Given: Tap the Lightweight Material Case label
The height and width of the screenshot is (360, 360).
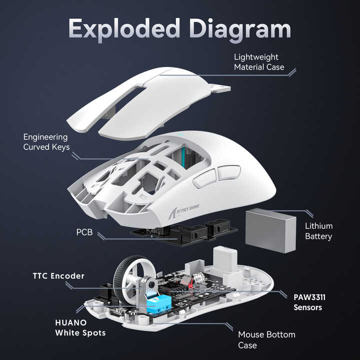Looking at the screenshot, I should (259, 62).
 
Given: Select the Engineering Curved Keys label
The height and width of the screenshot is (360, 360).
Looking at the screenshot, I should (46, 142).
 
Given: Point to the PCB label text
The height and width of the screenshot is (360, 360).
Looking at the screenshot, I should (83, 233).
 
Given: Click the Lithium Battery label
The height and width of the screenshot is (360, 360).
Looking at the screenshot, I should (318, 231).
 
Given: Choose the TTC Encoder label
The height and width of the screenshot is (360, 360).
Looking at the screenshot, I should (58, 276).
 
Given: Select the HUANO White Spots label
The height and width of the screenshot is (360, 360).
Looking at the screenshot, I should (80, 327).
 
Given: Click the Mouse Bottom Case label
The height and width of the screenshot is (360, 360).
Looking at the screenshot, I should (266, 339).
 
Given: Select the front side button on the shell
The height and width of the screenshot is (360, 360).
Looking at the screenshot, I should (204, 178).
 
